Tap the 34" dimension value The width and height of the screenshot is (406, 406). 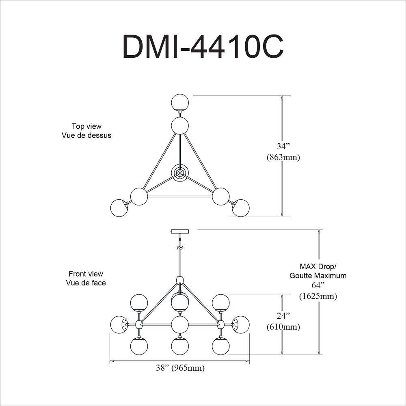(283, 147)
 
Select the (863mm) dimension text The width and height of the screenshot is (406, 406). (283, 158)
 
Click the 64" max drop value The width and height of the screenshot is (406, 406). (318, 285)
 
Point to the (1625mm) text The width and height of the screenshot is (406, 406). (318, 296)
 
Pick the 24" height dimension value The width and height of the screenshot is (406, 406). (283, 315)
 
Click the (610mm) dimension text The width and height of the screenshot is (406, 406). (283, 326)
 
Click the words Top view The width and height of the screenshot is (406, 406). (86, 126)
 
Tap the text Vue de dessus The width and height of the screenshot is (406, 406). (86, 135)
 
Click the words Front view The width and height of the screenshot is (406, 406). (86, 274)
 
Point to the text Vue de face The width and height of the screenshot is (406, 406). (86, 283)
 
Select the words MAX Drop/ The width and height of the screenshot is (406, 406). (318, 267)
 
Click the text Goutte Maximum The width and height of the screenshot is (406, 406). (318, 276)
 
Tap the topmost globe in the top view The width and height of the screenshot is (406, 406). (180, 102)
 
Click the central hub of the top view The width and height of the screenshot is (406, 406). (179, 173)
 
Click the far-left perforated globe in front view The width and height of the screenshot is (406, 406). (119, 324)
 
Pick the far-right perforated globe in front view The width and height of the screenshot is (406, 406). (240, 324)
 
